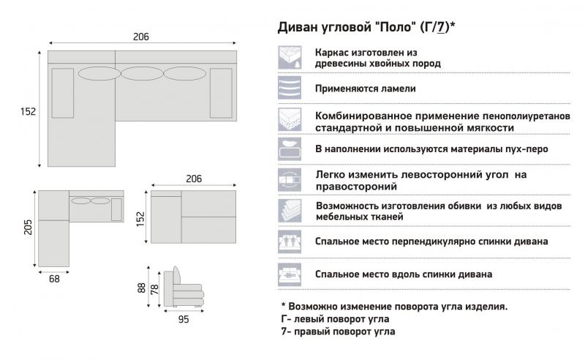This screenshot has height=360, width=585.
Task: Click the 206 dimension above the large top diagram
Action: coord(141,37)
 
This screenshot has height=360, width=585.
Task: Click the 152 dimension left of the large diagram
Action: coord(29,111)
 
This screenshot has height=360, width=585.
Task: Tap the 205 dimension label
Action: coord(29,227)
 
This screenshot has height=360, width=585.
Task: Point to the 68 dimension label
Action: coord(54,279)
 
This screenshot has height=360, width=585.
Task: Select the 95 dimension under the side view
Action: coord(184,319)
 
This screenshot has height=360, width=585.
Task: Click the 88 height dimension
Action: coord(141,288)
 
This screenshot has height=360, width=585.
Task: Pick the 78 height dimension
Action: coord(154,290)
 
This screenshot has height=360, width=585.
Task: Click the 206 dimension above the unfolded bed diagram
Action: coord(194,179)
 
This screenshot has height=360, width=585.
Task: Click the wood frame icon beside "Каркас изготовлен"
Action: coord(290,58)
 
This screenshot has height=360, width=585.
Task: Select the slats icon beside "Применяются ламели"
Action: coord(290,88)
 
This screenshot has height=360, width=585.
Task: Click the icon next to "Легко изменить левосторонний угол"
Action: coord(290,180)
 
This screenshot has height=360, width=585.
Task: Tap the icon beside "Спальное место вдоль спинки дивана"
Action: coord(290,274)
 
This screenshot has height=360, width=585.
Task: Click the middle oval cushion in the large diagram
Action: coord(142,74)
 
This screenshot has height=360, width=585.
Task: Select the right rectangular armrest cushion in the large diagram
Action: coord(222,93)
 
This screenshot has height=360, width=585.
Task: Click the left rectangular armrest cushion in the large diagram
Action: coord(63,93)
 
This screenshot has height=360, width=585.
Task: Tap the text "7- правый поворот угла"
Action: coord(338,331)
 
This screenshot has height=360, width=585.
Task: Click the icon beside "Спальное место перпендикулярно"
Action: coord(290,242)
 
